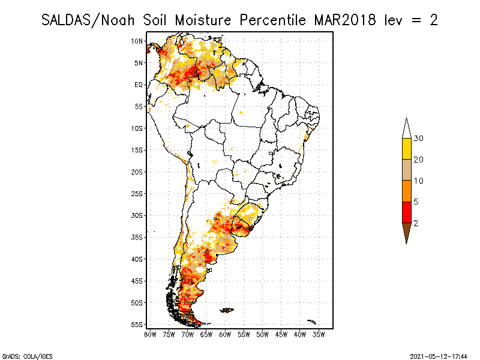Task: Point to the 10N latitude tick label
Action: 137,41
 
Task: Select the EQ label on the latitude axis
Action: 138,85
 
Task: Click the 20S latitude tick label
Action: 137,172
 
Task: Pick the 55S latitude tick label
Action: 137,325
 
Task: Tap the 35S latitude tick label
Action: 137,237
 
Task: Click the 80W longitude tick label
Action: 150,334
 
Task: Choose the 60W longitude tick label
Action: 225,334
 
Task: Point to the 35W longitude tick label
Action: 319,334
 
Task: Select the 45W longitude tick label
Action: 281,334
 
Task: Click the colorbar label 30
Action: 419,139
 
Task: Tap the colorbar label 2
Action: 416,223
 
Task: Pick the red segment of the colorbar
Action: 406,212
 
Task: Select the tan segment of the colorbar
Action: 406,170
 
